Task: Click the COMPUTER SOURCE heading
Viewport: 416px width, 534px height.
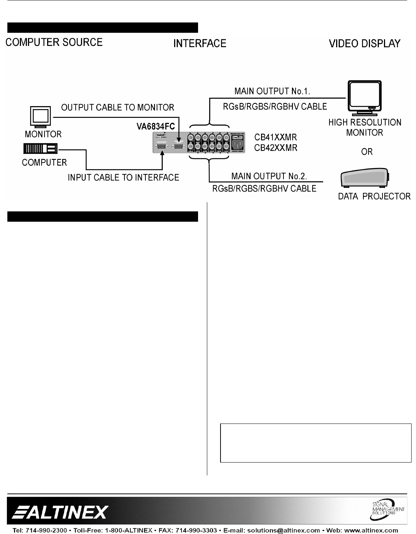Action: [x=54, y=42]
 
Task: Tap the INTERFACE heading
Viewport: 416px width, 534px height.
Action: [x=200, y=43]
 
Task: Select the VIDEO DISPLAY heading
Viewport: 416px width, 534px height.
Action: [x=364, y=43]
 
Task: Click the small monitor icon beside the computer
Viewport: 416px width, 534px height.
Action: [x=41, y=116]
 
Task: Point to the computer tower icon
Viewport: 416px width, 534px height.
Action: [x=40, y=149]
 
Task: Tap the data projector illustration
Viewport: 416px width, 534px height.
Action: [x=364, y=179]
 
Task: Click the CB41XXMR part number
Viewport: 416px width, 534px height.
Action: [x=276, y=138]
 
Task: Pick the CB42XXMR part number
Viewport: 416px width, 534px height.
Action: [x=276, y=148]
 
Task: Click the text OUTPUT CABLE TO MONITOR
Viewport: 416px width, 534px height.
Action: [x=117, y=108]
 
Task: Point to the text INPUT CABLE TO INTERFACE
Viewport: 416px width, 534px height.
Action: [x=123, y=178]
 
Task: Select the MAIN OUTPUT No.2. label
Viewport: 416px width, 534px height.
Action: [x=269, y=176]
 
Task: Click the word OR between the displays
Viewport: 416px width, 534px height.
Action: [x=367, y=152]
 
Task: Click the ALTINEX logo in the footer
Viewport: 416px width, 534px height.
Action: [x=61, y=512]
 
